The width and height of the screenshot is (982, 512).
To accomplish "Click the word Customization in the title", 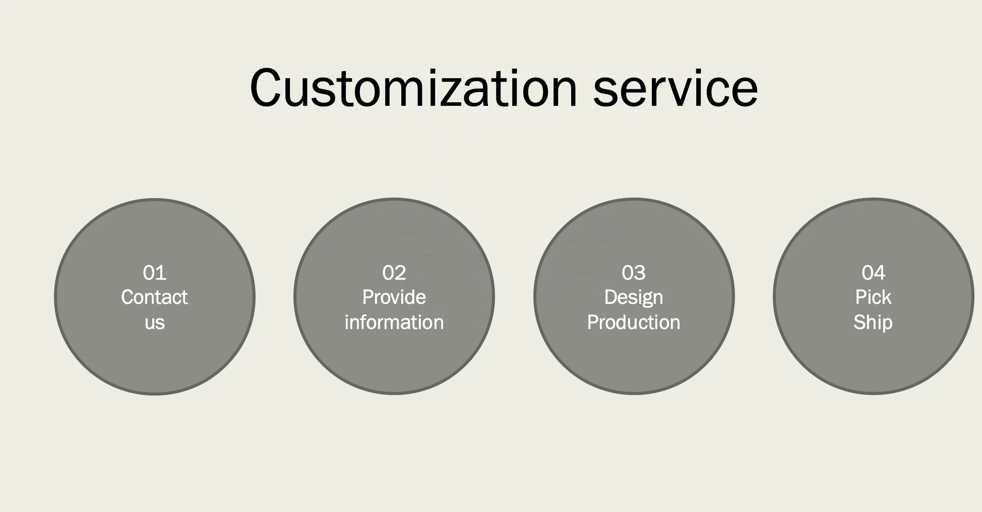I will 413,88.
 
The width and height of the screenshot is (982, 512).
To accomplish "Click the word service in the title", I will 676,88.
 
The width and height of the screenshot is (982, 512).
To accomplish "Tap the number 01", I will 154,273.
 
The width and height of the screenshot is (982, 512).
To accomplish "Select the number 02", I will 394,273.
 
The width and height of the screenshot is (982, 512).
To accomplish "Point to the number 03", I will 633,273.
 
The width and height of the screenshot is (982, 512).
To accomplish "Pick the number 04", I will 873,273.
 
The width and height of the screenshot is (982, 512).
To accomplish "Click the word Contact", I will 154,297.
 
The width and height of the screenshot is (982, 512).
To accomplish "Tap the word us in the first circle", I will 154,323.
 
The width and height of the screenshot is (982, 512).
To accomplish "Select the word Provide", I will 394,297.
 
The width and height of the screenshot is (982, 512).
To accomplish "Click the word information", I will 394,323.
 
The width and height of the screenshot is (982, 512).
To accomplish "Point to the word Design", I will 633,297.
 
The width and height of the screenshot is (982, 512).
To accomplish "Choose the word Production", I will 633,323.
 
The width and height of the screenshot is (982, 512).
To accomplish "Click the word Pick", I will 873,297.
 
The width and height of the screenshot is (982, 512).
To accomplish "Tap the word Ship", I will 873,323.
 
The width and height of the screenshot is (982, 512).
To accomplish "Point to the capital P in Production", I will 592,323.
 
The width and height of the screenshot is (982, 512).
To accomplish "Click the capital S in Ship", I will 859,323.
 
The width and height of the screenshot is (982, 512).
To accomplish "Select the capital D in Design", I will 610,297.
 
